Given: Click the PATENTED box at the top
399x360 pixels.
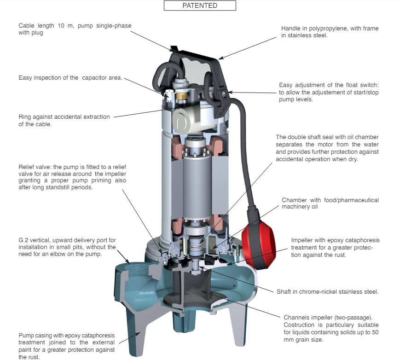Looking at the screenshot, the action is pos(200,6).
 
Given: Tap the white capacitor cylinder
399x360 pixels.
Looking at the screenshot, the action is pos(186,120).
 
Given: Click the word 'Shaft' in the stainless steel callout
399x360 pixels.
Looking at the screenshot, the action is pos(283,292).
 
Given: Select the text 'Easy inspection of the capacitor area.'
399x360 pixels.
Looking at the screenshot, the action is pos(70,78).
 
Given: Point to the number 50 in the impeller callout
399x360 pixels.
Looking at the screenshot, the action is pos(375,332).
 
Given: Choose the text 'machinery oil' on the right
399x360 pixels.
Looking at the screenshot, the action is pos(300,207).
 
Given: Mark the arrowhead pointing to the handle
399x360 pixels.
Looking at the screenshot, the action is pos(221,58).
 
